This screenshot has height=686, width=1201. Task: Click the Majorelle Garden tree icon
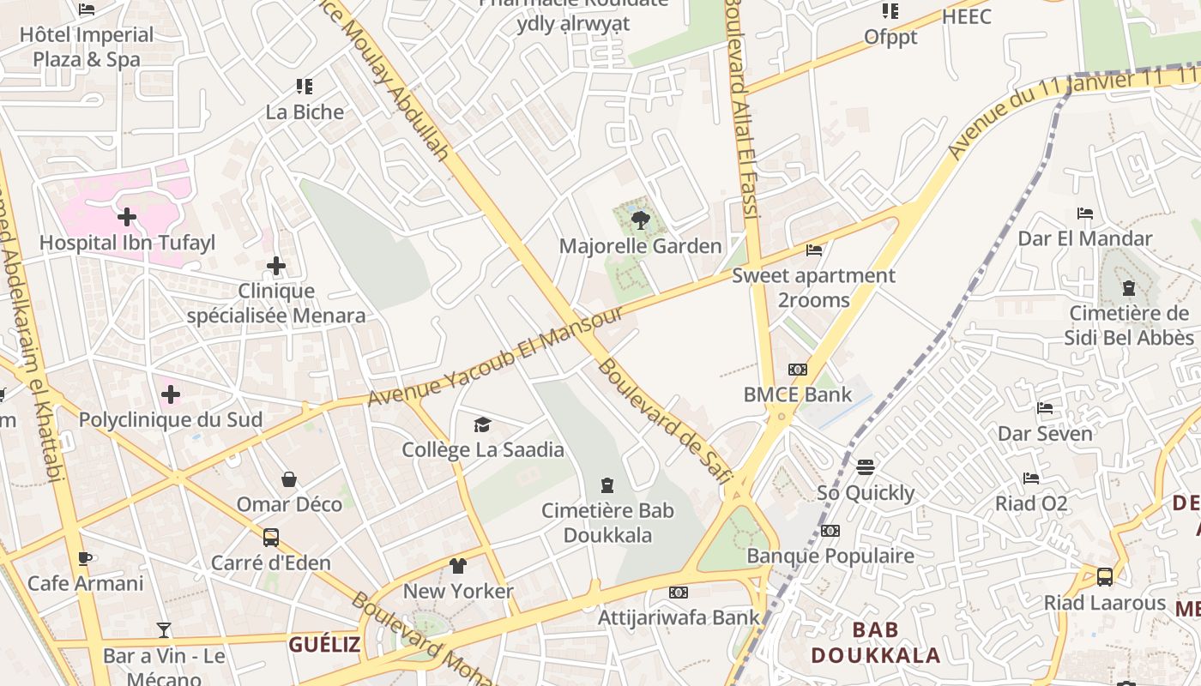point(640,221)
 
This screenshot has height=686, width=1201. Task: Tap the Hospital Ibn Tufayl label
point(127,243)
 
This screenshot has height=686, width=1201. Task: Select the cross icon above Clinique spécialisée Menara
point(276,266)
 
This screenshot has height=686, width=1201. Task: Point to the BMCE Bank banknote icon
point(798,370)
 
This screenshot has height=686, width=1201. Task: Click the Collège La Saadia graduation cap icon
point(483,424)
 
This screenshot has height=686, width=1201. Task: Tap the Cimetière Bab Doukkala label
point(607,523)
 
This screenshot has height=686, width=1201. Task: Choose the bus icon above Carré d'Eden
point(271,538)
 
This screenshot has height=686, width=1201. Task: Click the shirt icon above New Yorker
point(458,566)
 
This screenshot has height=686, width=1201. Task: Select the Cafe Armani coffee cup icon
point(85,558)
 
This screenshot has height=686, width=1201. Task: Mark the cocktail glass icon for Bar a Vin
point(164,630)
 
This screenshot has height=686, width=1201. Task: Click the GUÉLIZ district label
point(324,645)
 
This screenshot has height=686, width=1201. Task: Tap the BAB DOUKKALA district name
point(876,643)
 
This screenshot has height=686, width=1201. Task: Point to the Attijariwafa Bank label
point(679,617)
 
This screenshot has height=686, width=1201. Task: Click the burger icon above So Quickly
point(866,467)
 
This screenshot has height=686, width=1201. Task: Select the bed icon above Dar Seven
point(1045,408)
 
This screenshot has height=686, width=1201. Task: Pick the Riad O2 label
point(1031,503)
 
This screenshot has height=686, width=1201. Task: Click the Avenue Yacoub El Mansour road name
point(495,356)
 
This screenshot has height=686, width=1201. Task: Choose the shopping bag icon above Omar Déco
point(289,478)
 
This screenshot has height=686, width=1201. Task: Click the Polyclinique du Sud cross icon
point(171,394)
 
